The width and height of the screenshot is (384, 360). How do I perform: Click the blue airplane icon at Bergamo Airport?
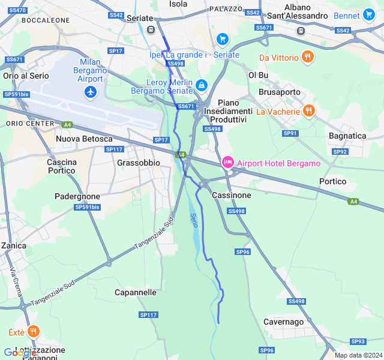90,92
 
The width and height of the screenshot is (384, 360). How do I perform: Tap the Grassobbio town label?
139,163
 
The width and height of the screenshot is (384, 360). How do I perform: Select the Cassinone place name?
232,195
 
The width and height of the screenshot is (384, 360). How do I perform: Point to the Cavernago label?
284,322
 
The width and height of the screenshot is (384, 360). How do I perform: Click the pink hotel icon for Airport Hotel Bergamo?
228,163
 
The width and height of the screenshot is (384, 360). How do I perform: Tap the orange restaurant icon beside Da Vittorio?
308,58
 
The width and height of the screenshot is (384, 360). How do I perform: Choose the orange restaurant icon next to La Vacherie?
309,111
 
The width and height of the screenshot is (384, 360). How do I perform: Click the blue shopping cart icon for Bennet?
368,15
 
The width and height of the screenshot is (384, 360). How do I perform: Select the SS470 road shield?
17,10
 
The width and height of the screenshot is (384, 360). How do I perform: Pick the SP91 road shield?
290,133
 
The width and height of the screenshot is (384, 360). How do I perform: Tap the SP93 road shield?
358,341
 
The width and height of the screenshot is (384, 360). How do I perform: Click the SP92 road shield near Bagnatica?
340,152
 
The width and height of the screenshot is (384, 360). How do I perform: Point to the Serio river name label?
193,220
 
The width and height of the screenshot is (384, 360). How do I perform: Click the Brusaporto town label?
279,92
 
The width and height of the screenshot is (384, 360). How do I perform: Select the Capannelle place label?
136,293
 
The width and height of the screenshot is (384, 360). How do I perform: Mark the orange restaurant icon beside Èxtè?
33,331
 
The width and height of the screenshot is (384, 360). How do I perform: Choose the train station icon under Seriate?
151,29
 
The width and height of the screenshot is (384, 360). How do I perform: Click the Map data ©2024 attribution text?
358,355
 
